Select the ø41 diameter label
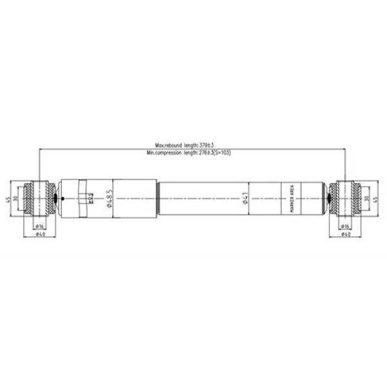(246, 199)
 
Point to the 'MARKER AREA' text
(292, 199)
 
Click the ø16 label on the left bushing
(39, 226)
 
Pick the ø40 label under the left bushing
(39, 235)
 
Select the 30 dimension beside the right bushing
(368, 198)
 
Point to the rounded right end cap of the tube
(321, 198)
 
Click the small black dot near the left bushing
(61, 198)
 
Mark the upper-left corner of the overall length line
(39, 148)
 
